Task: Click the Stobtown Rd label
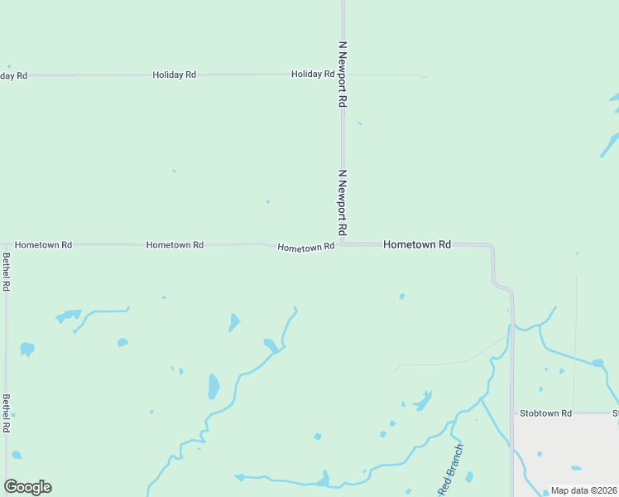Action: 545,413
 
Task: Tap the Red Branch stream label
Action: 451,470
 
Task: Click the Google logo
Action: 27,487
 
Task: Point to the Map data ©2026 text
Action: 583,490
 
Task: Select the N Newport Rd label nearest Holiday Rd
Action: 342,74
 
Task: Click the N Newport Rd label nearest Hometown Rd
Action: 342,202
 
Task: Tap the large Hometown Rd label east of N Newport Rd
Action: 417,245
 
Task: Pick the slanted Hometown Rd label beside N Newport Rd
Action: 306,247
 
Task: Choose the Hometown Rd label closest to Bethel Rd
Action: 43,245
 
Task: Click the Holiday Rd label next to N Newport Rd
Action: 313,75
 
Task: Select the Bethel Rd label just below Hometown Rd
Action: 7,272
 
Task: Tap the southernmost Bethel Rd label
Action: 7,413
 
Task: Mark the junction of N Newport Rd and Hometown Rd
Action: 343,244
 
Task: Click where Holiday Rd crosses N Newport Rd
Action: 343,75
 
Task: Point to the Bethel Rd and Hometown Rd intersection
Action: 7,245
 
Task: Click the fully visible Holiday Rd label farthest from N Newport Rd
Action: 174,75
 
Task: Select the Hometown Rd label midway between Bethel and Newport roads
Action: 175,245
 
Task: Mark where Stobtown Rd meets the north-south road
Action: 512,413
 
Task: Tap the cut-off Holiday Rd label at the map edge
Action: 13,76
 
